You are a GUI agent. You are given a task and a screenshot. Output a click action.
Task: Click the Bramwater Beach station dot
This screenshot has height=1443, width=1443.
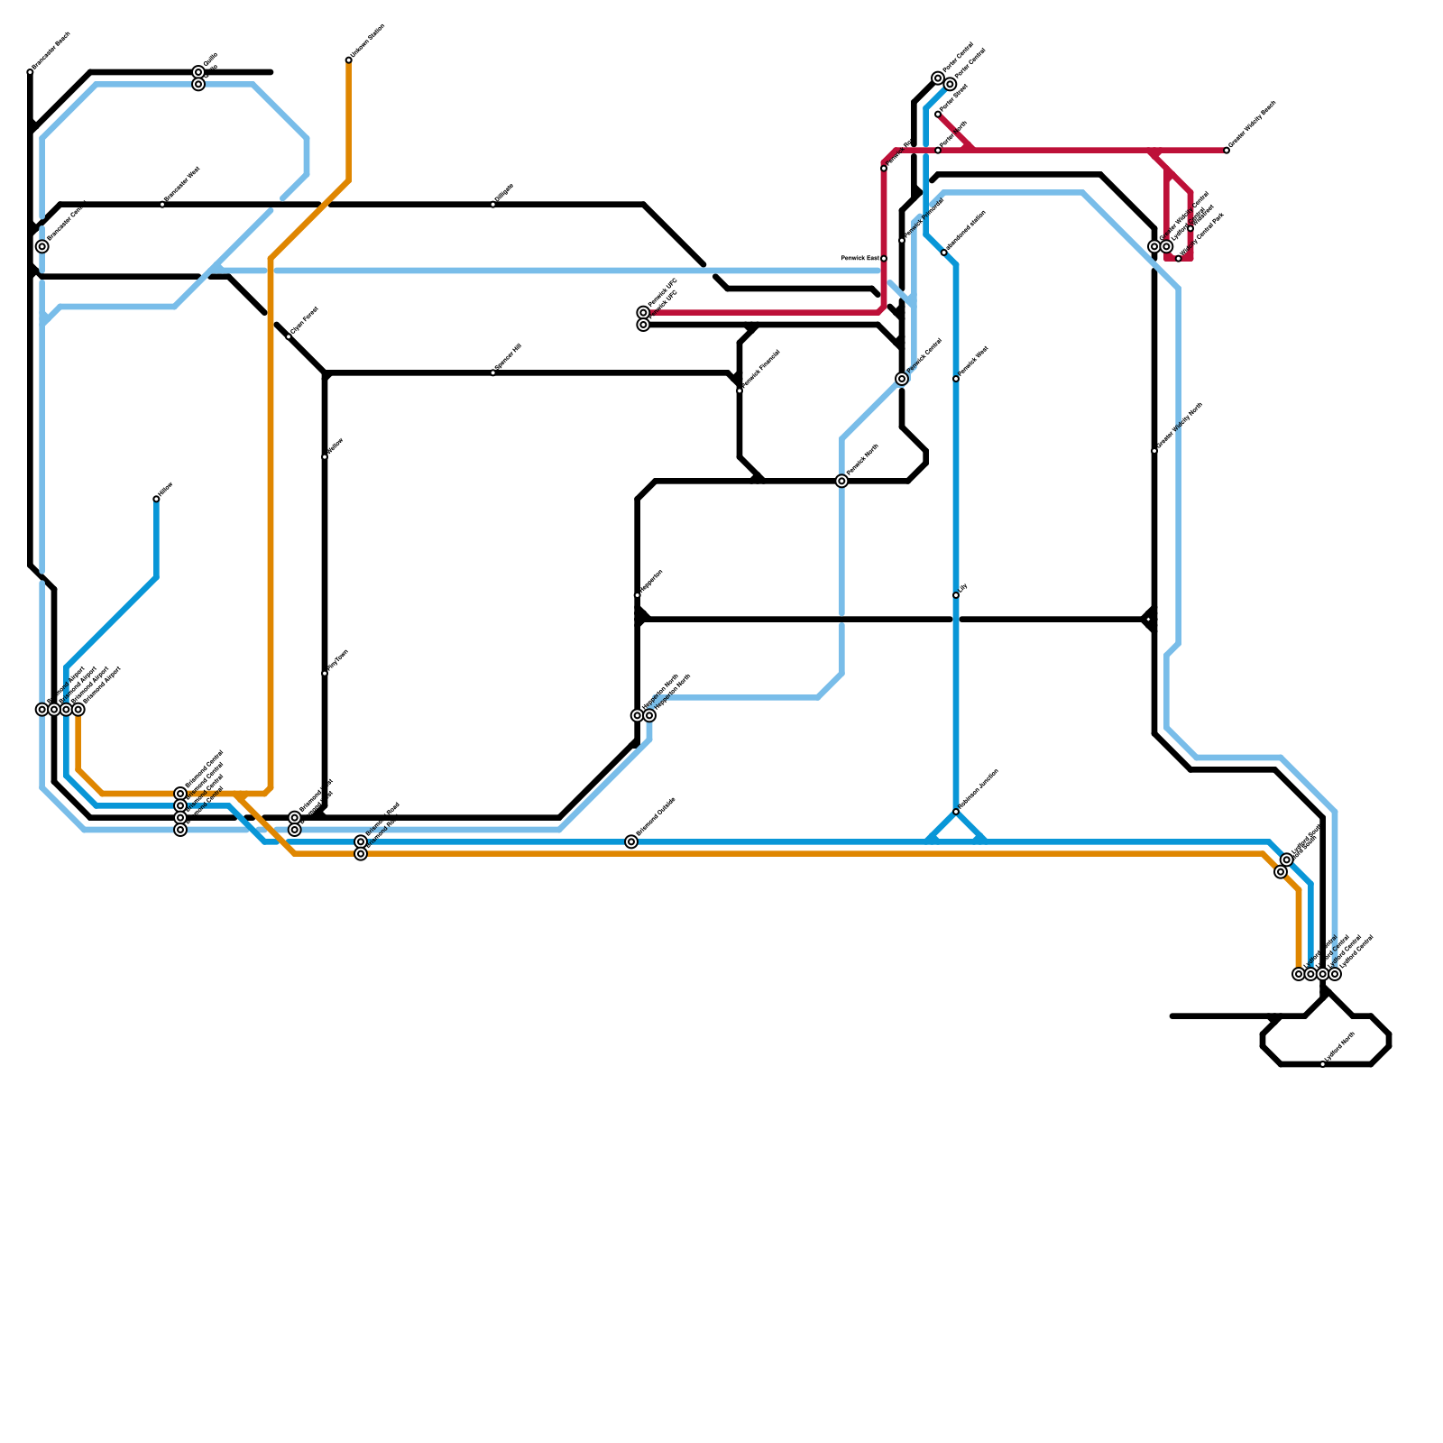tap(30, 72)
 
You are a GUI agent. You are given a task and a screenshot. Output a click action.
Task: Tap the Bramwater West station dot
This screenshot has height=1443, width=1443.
tap(162, 205)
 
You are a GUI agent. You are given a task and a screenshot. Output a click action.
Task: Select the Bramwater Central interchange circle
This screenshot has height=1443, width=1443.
tap(42, 246)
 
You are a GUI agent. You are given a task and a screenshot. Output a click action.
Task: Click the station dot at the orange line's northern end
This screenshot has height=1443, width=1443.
tap(348, 60)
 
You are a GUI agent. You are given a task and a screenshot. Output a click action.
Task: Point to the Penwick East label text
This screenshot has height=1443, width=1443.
tap(859, 258)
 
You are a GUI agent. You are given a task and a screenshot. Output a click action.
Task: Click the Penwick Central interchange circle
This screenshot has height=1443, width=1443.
tap(902, 379)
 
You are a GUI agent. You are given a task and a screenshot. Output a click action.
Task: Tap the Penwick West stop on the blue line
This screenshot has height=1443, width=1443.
tap(956, 379)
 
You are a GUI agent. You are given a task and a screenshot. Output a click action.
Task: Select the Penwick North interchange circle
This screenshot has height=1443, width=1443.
tap(841, 482)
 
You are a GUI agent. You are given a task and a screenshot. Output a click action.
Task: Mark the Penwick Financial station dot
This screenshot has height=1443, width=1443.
tap(740, 391)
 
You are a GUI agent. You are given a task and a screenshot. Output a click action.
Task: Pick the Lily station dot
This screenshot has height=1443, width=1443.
tap(956, 595)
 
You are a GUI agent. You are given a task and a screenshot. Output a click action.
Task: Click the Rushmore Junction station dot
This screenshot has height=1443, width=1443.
tap(956, 812)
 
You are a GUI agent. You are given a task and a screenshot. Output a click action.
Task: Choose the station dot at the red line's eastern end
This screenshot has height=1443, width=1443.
tap(1227, 151)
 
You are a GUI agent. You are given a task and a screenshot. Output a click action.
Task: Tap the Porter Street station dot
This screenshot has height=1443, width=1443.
tap(938, 115)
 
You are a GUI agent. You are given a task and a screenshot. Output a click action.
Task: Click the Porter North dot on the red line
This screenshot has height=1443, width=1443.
tap(938, 151)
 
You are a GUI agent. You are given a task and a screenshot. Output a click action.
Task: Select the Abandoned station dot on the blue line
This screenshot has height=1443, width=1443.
tap(944, 253)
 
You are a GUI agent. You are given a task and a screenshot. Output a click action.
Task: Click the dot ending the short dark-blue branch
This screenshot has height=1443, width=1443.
tap(156, 499)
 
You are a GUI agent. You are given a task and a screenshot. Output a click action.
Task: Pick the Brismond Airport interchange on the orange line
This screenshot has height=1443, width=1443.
tap(78, 710)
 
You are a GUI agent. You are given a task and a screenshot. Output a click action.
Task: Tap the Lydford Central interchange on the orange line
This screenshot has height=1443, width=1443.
tap(1299, 974)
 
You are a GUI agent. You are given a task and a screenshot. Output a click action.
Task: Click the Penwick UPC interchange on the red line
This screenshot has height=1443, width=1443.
tap(643, 313)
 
